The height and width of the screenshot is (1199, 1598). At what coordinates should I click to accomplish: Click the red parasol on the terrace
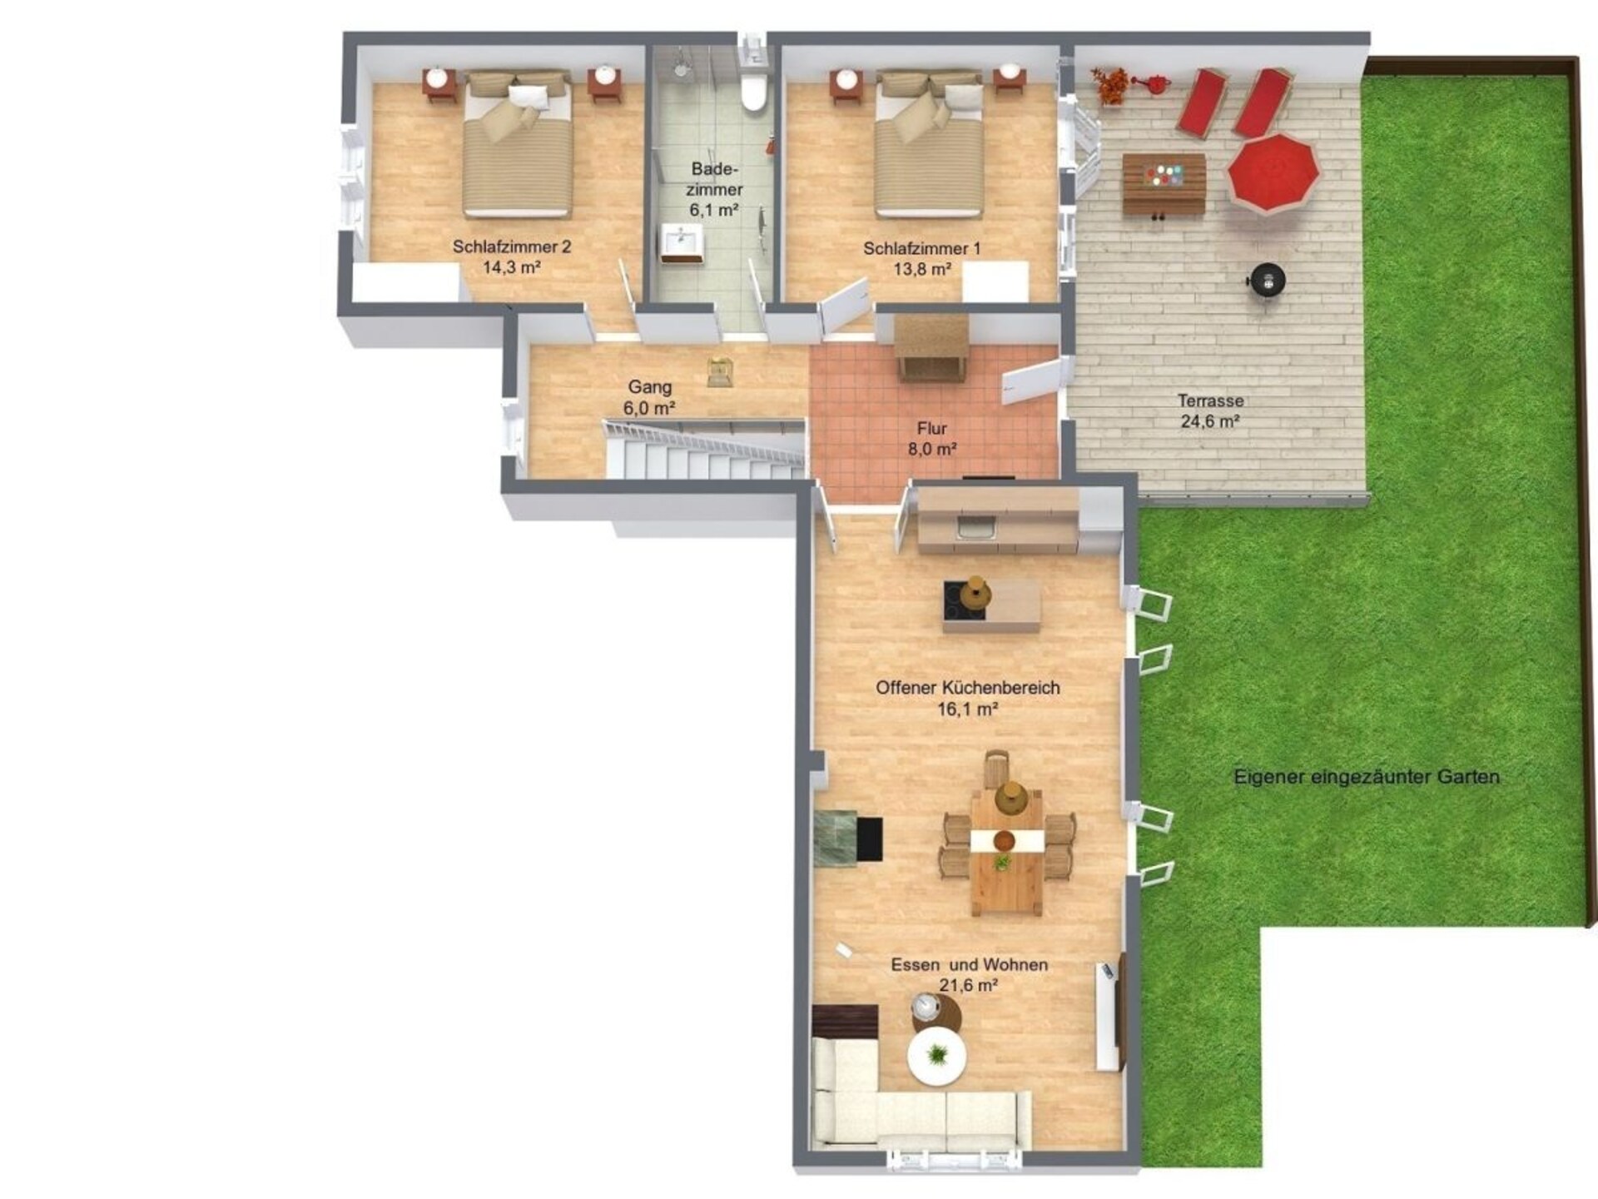1273,173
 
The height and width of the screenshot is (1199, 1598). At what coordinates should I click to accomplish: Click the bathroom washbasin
682,243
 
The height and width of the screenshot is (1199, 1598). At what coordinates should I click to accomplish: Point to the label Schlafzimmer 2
512,246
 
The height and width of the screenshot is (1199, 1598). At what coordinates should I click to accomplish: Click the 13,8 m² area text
922,269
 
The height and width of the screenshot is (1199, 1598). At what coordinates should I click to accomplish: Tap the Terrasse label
1210,400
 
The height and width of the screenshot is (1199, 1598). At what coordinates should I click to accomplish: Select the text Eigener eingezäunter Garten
1367,777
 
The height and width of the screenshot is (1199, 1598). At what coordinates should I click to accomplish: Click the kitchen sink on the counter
976,529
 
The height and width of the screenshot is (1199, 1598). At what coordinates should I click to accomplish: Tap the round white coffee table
938,1057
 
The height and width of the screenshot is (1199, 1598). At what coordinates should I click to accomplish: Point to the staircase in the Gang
704,450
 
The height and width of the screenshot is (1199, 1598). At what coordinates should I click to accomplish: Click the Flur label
932,428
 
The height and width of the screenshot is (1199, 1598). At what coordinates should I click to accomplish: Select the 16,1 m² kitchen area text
968,709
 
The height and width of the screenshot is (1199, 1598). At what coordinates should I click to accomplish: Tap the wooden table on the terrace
1164,183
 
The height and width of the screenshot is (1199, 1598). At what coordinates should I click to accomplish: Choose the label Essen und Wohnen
970,965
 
